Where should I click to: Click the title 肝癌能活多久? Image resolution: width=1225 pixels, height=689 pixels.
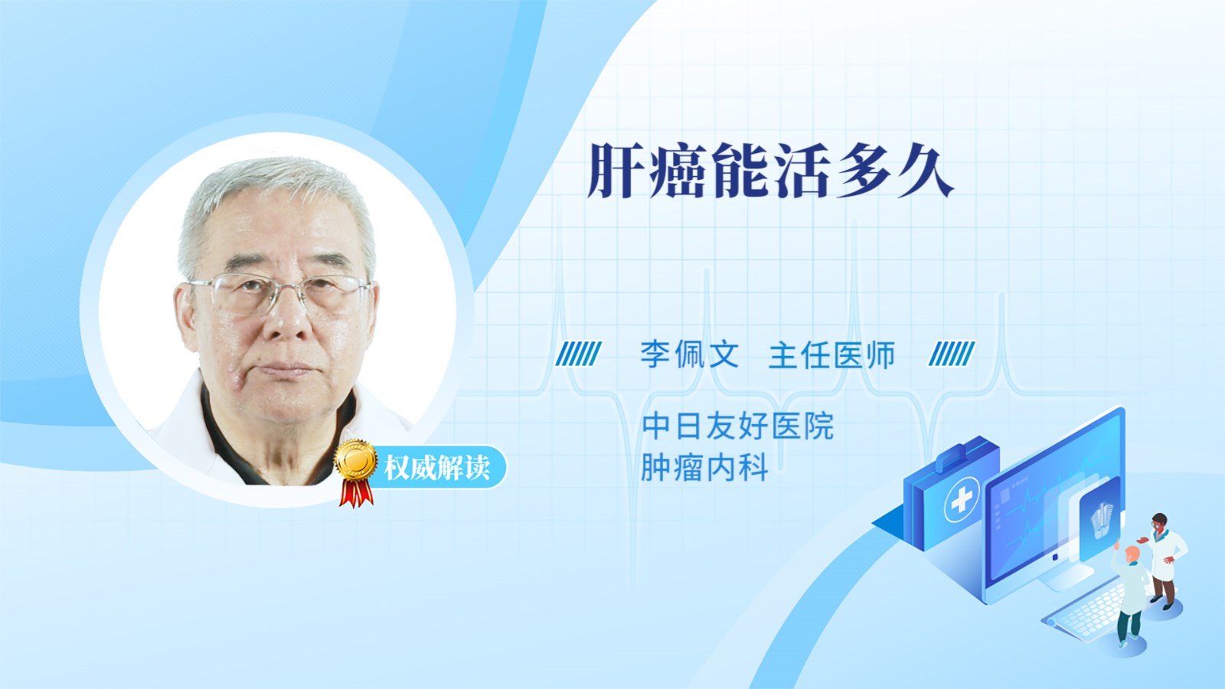770,171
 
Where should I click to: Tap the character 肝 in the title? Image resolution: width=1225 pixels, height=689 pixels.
615,171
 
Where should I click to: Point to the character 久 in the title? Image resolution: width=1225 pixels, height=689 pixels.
926,171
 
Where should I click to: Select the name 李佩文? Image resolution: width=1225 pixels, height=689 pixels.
690,354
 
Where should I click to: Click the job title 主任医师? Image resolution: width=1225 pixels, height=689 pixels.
831,354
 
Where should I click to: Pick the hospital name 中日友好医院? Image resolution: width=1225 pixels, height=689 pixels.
738,426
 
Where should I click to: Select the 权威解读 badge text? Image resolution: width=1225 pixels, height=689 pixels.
436,468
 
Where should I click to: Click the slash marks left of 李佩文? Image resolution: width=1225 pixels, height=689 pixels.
578,354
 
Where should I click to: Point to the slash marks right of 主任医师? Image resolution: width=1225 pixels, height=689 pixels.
952,354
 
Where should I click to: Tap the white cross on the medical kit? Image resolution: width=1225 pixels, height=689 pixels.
962,499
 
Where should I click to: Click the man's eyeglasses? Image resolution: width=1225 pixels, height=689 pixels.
279,294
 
